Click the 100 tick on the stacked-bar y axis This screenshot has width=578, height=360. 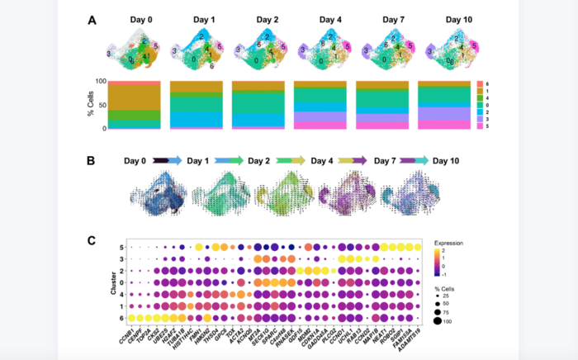(101, 82)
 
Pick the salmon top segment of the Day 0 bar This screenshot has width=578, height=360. (135, 83)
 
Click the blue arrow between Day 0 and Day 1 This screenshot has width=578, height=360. (168, 162)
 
